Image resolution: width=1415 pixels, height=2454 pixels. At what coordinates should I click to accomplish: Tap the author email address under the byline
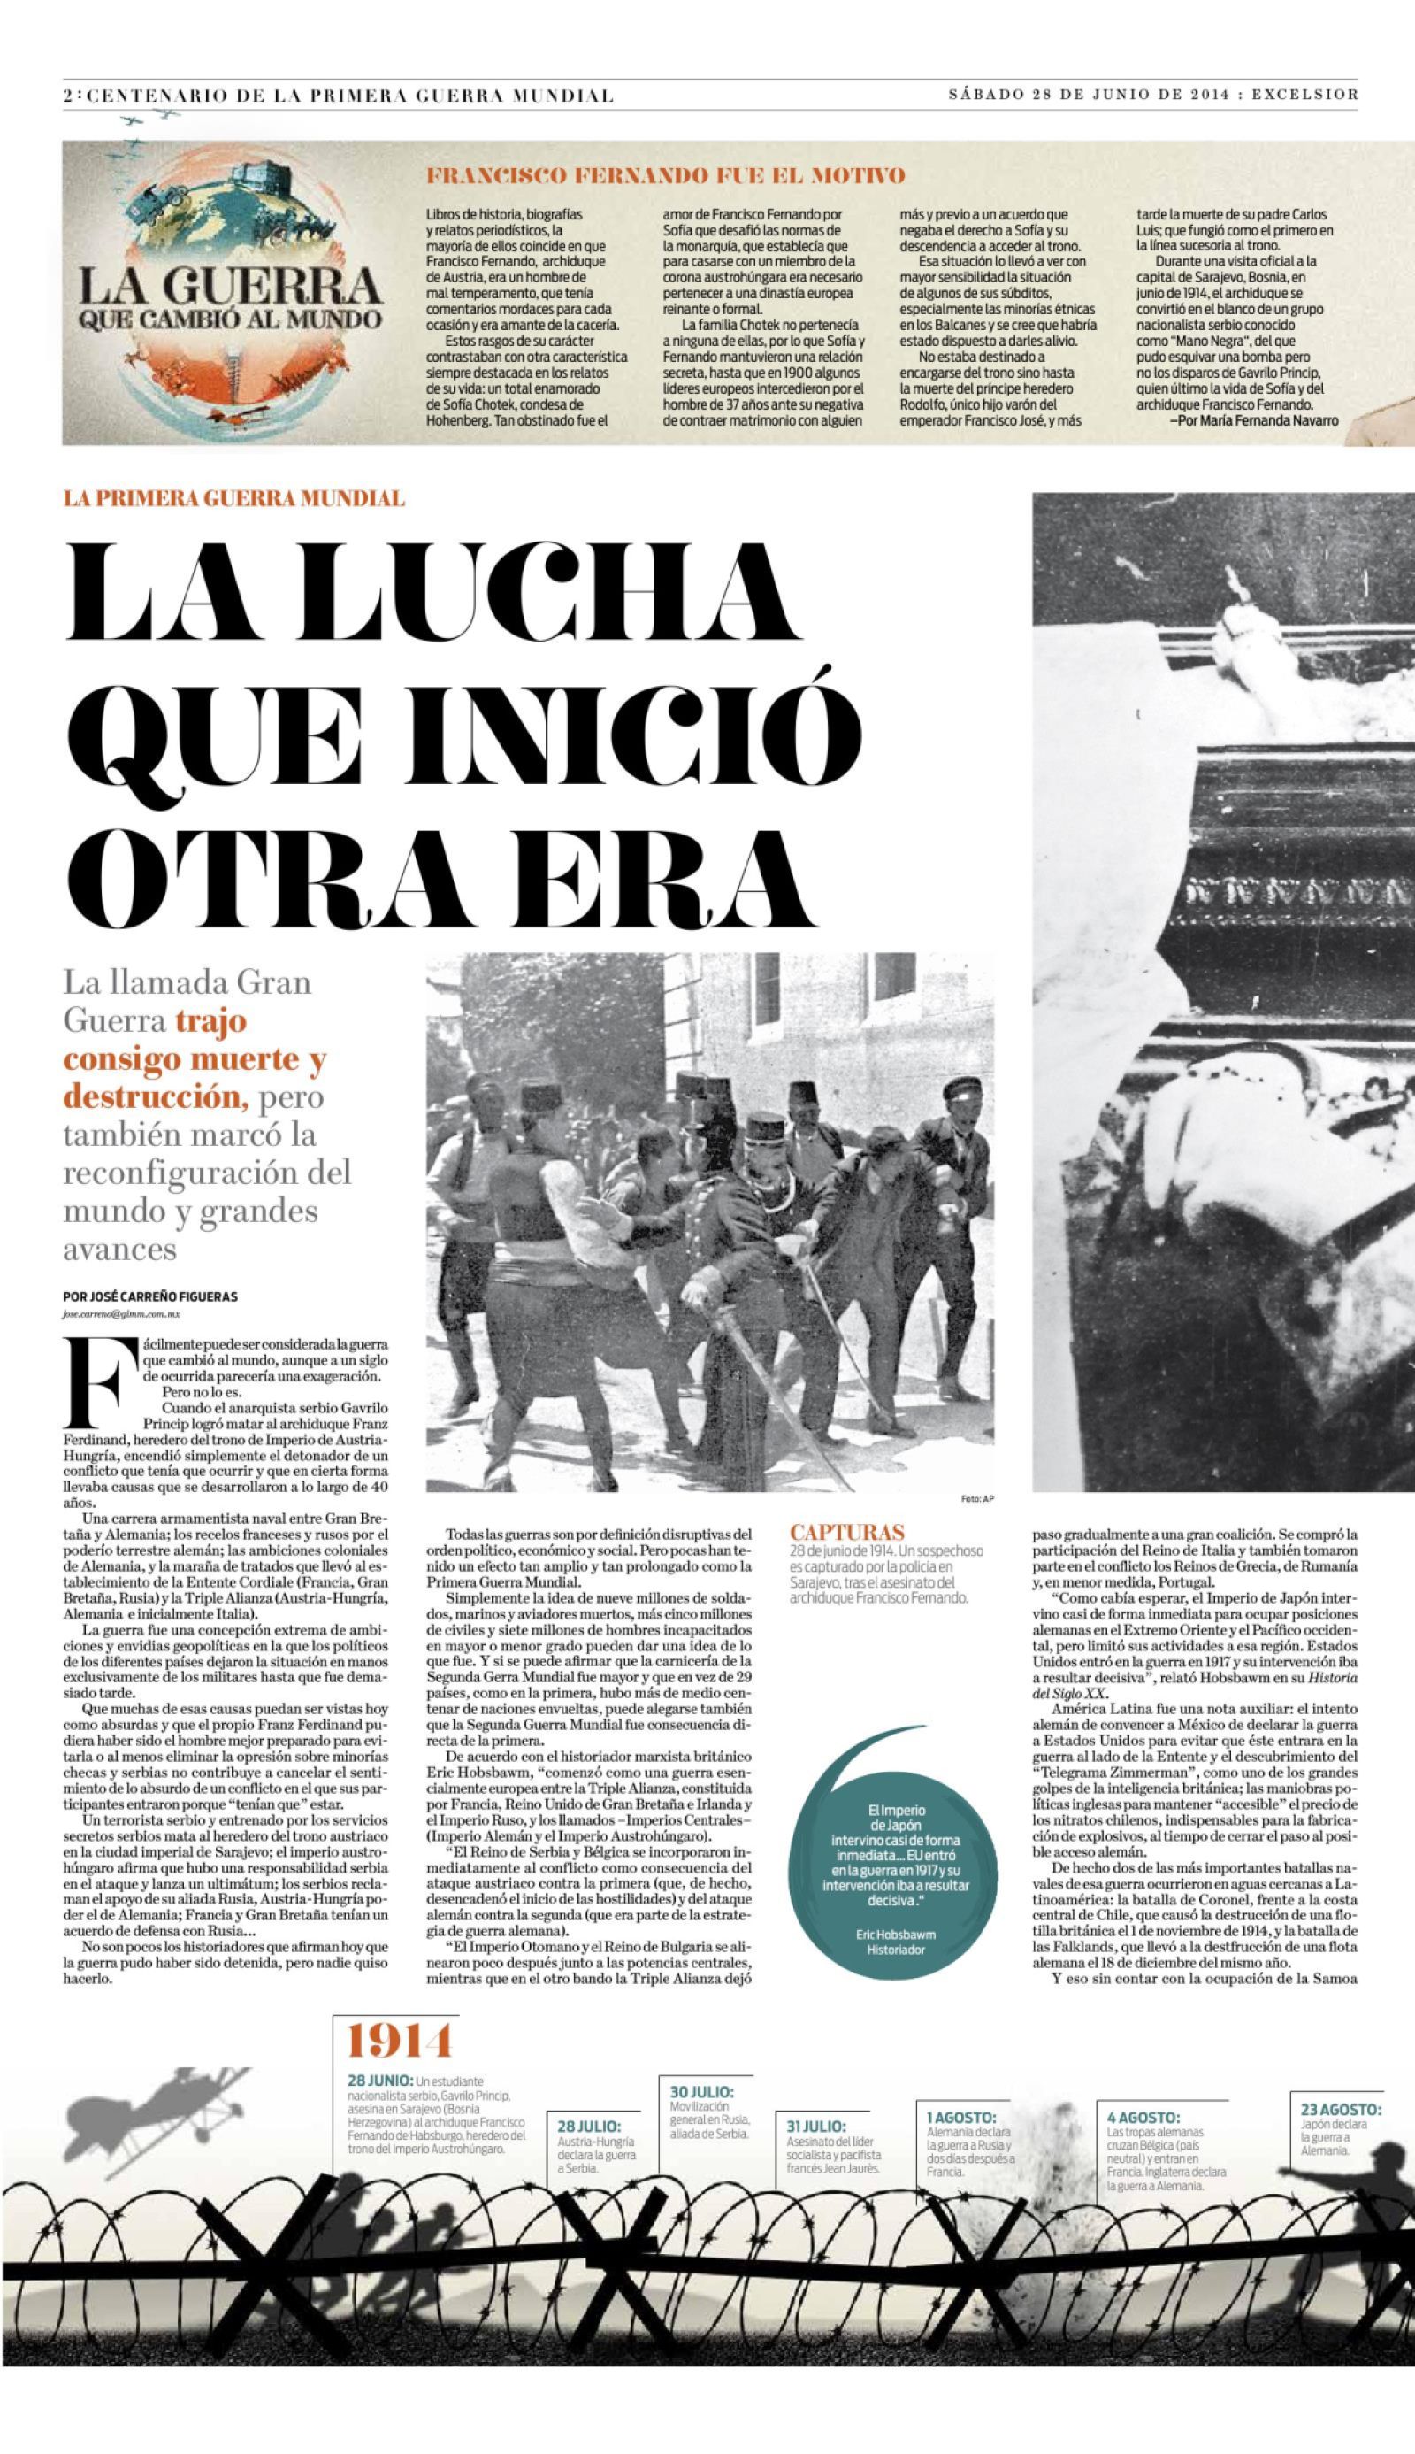(121, 1313)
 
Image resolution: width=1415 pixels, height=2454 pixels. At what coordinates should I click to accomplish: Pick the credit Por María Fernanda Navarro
(1255, 421)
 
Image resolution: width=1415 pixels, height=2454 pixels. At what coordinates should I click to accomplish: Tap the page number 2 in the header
(66, 96)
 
